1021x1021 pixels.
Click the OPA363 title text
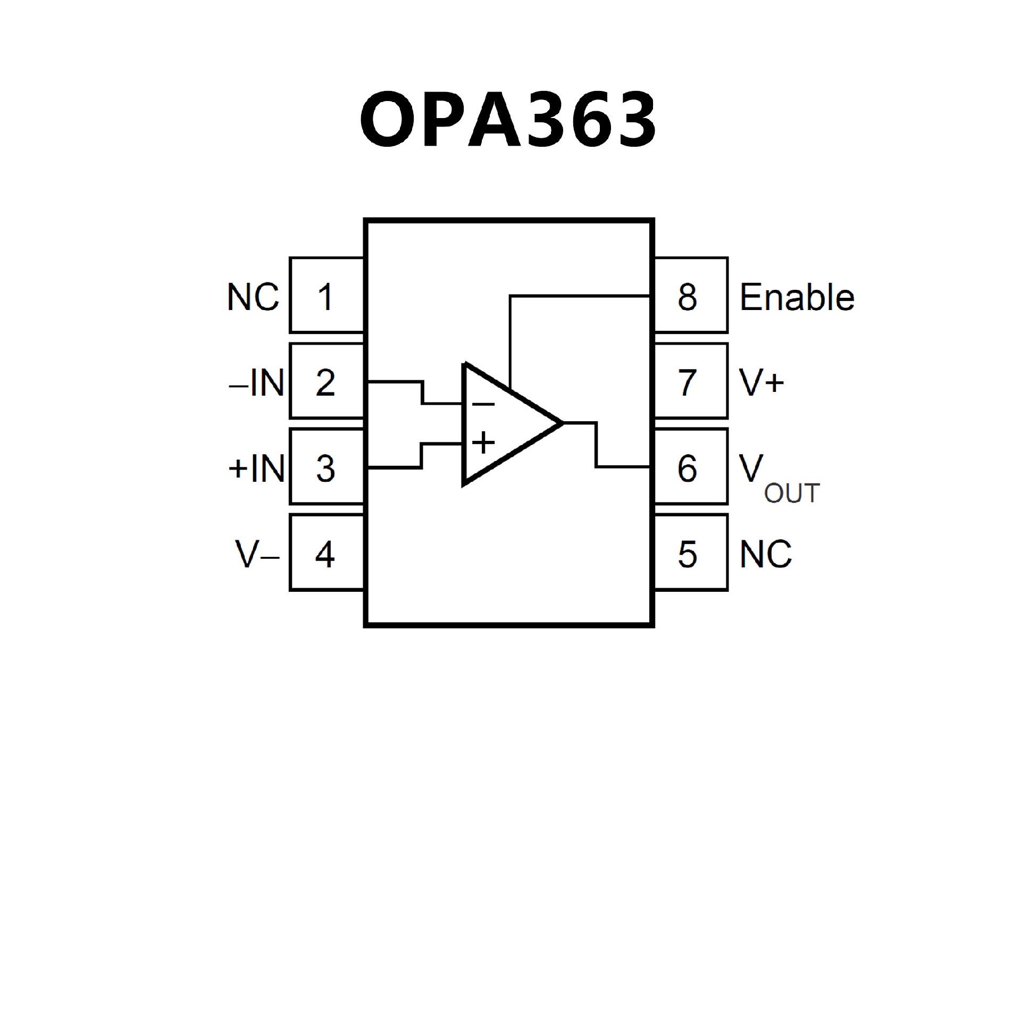point(508,120)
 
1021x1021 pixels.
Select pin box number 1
point(326,296)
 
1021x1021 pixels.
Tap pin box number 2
point(326,381)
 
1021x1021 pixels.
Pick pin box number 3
point(326,467)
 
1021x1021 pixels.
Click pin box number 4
point(326,553)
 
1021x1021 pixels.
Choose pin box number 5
point(690,553)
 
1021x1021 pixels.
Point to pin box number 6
point(690,467)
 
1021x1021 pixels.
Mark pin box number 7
point(690,381)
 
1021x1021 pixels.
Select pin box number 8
point(690,296)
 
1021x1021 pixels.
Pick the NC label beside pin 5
point(765,554)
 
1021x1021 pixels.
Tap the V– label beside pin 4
point(257,554)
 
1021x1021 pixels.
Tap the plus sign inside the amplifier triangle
point(483,442)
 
